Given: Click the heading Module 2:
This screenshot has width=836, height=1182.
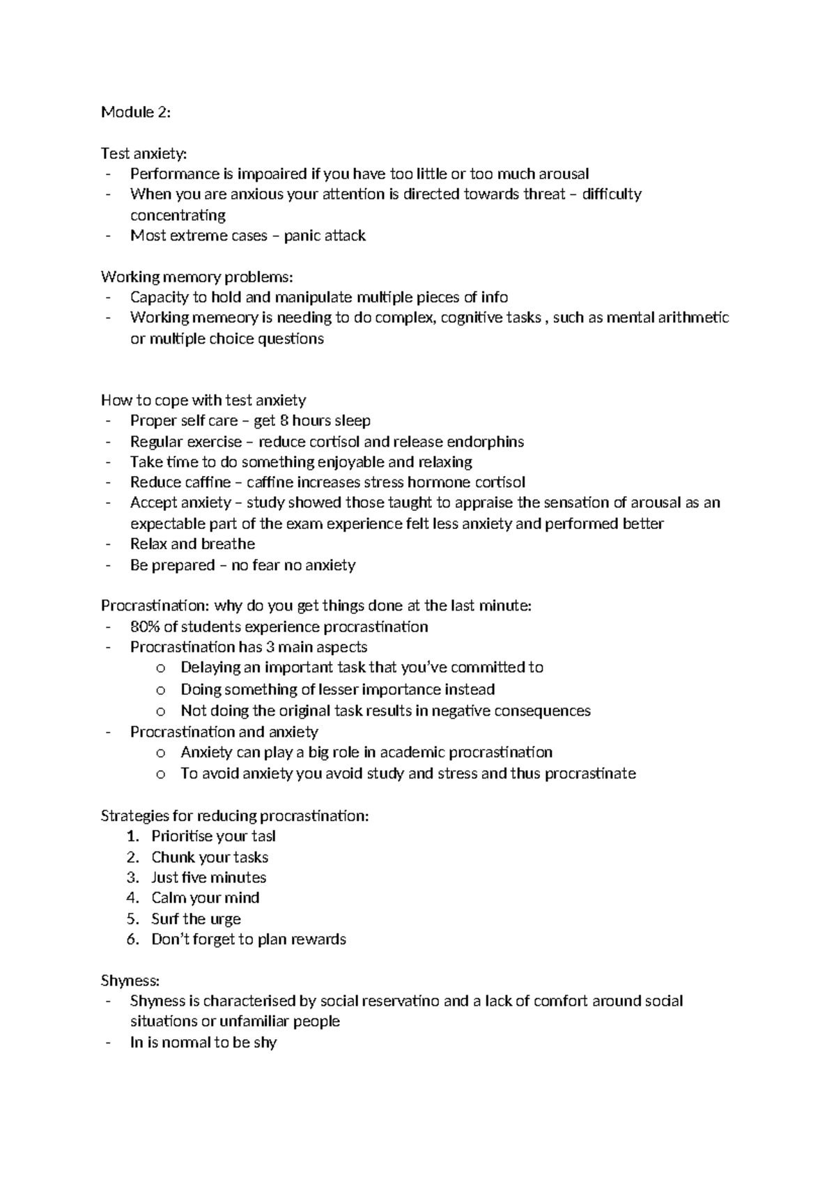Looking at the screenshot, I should click(135, 112).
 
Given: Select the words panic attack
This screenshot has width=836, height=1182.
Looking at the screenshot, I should click(325, 236).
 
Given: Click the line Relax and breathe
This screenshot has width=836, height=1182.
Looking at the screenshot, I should click(192, 544).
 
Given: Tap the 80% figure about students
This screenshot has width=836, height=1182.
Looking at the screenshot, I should click(144, 627).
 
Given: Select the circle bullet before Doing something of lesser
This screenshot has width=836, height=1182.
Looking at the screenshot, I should click(161, 690).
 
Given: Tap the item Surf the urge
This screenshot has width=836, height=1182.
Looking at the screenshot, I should click(196, 919).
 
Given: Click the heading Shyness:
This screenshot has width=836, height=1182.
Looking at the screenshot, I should click(130, 980).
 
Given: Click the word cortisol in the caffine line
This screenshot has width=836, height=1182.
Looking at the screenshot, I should click(500, 482).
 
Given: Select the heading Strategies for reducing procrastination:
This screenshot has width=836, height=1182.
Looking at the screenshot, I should click(234, 815).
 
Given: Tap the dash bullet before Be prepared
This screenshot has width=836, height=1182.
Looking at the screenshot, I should click(108, 565).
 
